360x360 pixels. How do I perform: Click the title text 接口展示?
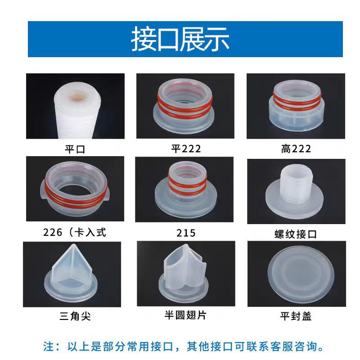click(x=180, y=40)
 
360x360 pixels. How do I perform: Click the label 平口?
click(x=75, y=148)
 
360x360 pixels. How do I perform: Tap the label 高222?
click(x=296, y=148)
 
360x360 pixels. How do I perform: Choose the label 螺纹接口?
click(x=296, y=234)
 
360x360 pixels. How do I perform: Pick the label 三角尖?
click(x=75, y=316)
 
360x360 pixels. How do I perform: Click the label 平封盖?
click(x=296, y=316)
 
